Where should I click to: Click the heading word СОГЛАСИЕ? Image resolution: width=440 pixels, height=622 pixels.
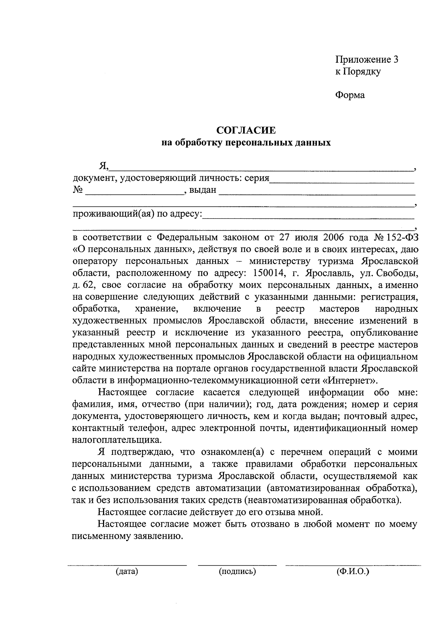coord(246,130)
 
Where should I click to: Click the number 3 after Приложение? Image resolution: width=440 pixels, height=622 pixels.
coord(395,60)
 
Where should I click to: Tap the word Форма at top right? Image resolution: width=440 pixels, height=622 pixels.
coord(350,95)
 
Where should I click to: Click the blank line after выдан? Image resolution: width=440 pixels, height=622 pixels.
coord(317,192)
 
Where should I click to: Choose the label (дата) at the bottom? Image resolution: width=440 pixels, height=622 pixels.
coord(127,571)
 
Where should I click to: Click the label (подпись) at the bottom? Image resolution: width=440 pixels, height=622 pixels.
coord(237,571)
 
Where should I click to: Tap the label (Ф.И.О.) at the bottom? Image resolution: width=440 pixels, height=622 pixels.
coord(353,571)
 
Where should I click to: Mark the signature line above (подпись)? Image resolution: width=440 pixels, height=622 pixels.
coord(237,565)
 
